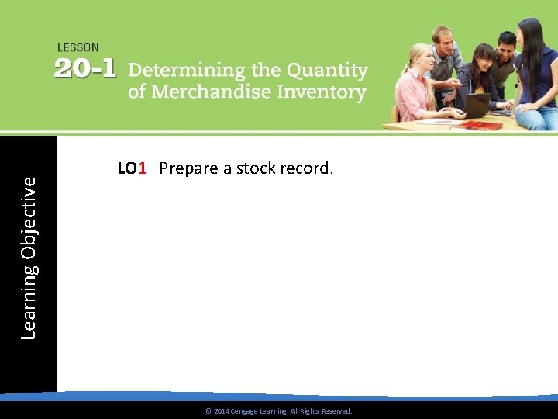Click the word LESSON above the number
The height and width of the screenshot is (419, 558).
(78, 47)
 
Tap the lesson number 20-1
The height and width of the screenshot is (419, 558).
(85, 69)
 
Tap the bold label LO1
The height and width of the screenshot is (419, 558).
(132, 168)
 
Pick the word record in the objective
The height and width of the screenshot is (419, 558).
(307, 168)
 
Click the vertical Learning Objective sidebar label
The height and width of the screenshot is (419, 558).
(29, 257)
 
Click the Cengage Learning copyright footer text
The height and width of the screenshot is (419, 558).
(278, 410)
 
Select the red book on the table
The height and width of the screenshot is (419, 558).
(479, 124)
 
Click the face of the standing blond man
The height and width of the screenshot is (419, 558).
(444, 40)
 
